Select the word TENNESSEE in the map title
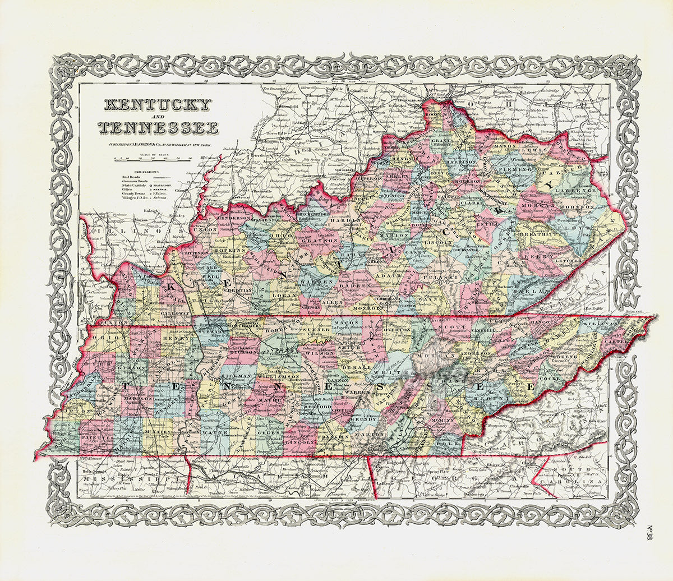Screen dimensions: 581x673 point(158,128)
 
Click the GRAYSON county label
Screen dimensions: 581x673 point(306,241)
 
